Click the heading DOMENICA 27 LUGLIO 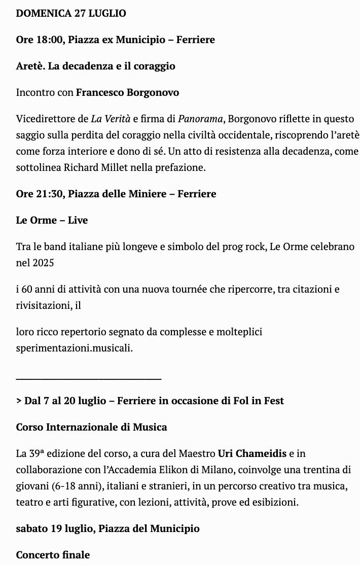pos(71,14)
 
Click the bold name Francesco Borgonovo pos(127,92)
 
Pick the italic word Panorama pos(200,119)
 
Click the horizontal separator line pos(89,378)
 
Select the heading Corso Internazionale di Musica pos(91,427)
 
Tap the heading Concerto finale pos(53,555)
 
